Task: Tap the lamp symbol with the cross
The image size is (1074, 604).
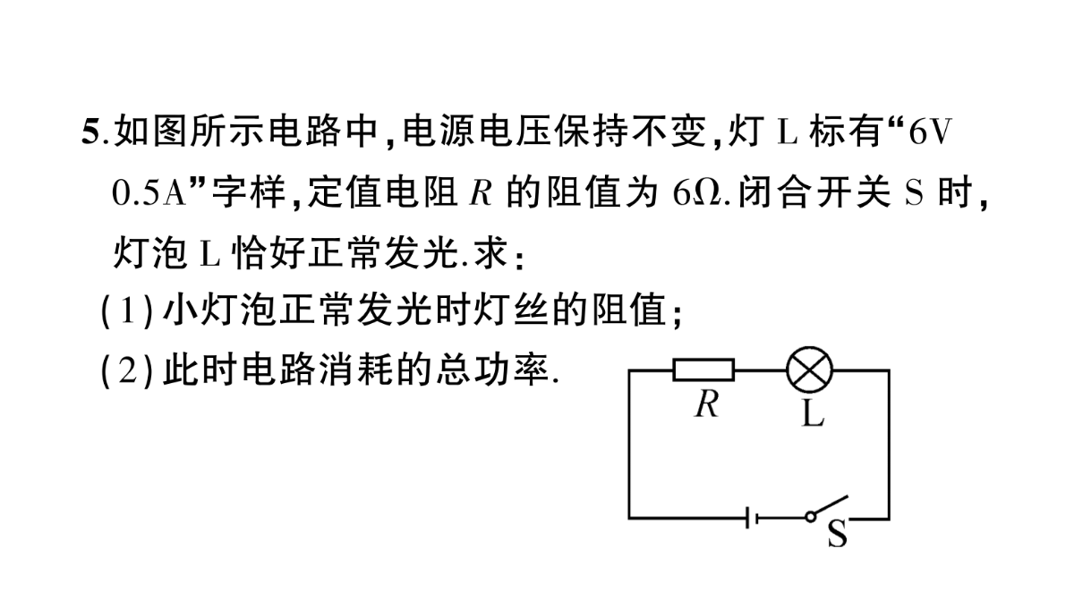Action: coord(809,370)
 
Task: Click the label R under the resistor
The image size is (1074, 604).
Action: coord(707,404)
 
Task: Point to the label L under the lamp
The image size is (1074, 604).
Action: coord(813,413)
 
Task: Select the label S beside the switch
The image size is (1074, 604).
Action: coord(838,533)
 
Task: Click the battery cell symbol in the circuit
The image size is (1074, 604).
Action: coord(752,518)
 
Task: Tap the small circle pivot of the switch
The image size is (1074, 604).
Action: coord(810,517)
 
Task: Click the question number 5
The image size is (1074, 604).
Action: coord(90,132)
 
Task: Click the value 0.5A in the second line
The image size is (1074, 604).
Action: coord(149,192)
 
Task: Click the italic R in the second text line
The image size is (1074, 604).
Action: coord(481,192)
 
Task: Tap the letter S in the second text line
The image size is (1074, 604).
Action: coord(914,192)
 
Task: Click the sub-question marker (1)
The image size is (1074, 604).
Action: coord(127,311)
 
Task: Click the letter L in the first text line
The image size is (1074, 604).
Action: coord(787,132)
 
